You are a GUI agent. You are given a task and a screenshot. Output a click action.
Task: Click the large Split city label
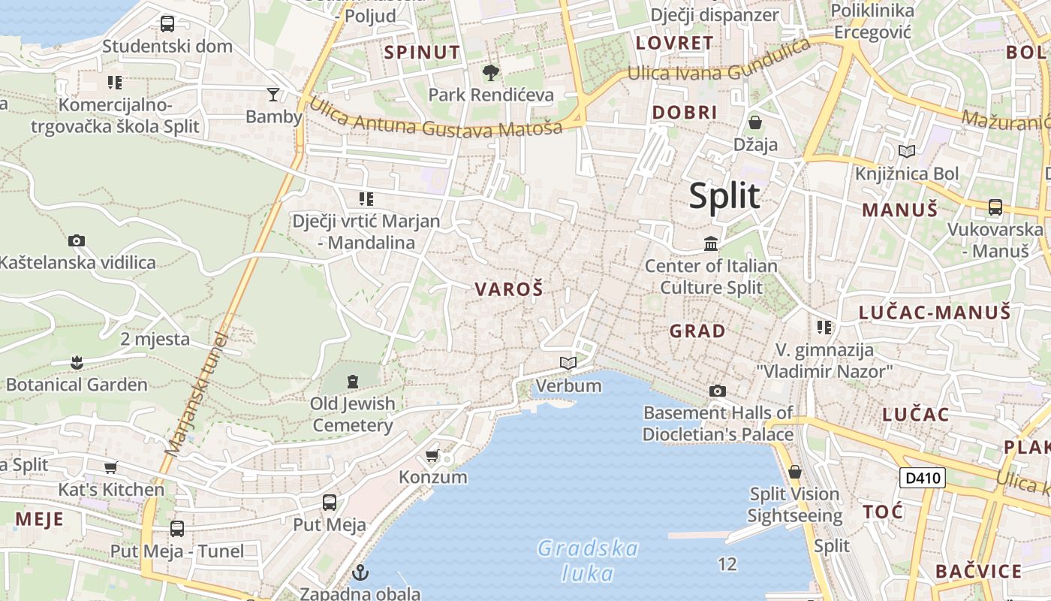pos(724,196)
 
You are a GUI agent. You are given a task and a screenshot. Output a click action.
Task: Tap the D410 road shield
pos(922,477)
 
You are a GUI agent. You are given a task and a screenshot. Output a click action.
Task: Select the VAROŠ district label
pos(508,289)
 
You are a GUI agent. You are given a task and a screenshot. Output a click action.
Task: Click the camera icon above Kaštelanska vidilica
pos(76,240)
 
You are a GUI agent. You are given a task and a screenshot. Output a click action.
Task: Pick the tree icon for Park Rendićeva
pos(490,73)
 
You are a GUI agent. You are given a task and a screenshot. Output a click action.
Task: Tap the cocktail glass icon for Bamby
pos(273,95)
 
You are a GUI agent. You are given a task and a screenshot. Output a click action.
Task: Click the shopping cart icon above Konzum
pos(432,455)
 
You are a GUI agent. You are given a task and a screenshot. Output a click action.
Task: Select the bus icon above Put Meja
pos(329,503)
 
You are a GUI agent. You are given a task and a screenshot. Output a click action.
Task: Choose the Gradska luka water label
pos(589,560)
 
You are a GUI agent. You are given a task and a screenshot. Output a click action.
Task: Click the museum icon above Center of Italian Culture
pos(711,243)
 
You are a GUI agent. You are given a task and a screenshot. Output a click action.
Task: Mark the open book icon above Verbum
pos(568,364)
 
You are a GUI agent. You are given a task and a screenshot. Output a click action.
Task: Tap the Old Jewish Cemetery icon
pos(353,382)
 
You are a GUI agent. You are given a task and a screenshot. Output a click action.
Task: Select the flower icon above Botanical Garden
pos(76,363)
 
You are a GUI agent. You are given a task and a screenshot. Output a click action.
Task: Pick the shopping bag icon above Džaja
pos(755,122)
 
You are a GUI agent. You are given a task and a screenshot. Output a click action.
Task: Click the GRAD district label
pos(697,331)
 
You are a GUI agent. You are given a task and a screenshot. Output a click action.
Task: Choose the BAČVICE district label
pos(978,571)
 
